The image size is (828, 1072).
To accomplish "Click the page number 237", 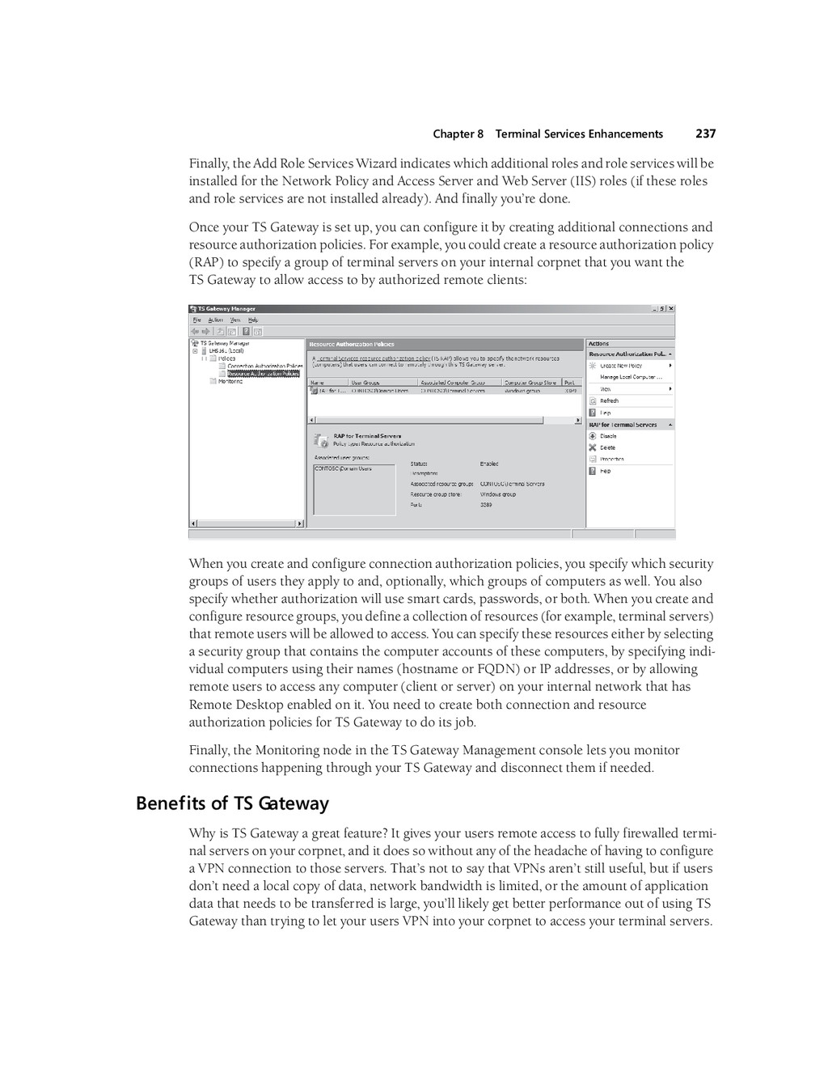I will (705, 134).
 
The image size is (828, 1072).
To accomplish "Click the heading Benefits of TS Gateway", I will (232, 803).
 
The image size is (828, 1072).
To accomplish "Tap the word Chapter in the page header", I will (452, 134).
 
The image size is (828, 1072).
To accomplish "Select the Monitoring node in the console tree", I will (230, 381).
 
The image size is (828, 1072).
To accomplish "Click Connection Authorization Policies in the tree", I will (264, 366).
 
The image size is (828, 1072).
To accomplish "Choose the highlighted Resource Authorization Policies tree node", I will (264, 374).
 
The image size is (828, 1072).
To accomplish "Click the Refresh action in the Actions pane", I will (609, 400).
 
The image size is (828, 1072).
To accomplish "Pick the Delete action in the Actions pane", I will (607, 447).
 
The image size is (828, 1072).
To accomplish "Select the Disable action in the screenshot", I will (608, 436).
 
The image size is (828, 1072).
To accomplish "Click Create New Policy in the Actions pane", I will (621, 366).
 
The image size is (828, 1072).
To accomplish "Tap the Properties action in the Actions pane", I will (611, 459).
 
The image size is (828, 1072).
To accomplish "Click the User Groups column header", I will (365, 383).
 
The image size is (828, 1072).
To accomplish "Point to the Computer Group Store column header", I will (530, 383).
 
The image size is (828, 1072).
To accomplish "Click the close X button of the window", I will (670, 308).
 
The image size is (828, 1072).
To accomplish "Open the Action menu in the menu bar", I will (216, 320).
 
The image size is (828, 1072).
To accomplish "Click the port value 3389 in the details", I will (486, 505).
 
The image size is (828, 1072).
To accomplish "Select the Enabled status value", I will (489, 464).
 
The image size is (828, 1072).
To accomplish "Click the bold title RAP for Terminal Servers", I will (367, 436).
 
